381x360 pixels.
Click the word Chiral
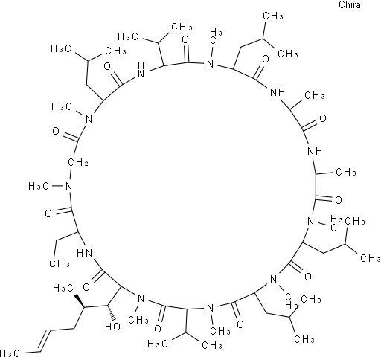click(350, 5)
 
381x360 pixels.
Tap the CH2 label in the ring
click(77, 163)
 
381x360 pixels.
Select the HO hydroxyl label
click(112, 327)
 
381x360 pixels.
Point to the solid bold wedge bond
click(80, 301)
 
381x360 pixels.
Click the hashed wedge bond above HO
click(111, 313)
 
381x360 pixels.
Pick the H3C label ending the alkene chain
click(10, 353)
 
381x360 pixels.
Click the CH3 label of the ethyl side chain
click(60, 263)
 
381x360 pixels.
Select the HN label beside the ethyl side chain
click(84, 253)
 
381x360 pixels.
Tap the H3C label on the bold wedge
click(63, 288)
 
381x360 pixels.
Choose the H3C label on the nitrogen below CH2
click(39, 186)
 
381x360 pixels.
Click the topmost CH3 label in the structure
click(273, 16)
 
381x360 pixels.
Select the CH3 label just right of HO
click(138, 320)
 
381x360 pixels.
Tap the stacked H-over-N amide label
click(141, 69)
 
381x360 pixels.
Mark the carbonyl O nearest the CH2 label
click(56, 131)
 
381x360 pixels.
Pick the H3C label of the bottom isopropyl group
click(158, 344)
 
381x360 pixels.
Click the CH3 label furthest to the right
click(370, 258)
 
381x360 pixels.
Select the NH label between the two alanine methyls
click(315, 151)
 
